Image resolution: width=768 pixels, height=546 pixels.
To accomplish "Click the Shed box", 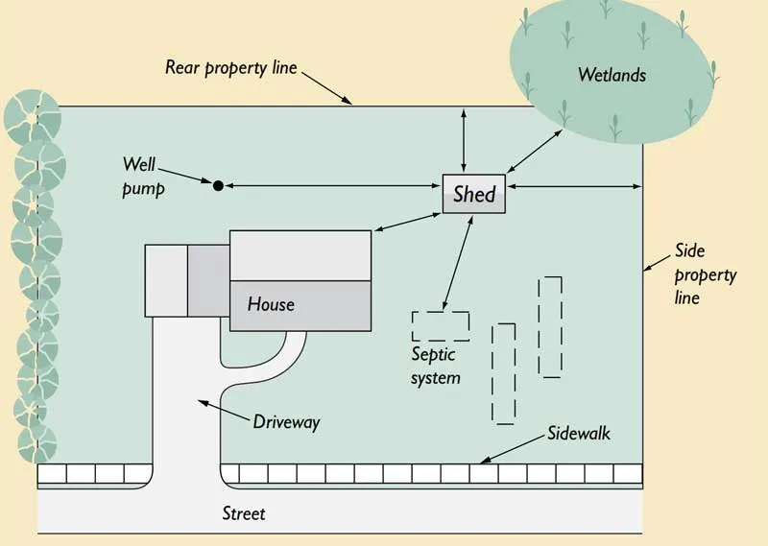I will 473,195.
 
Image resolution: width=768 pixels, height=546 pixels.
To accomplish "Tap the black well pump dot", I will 218,184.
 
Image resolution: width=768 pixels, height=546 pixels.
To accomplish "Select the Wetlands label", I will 611,74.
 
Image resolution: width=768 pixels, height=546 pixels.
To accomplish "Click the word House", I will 271,304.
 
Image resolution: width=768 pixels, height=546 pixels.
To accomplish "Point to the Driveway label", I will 287,421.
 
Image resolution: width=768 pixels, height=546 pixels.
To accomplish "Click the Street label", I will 243,513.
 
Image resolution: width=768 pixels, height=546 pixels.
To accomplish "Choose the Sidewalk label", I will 579,434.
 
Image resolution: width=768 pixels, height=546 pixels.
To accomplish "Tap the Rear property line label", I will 231,67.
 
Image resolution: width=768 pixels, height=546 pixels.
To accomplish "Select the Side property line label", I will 705,274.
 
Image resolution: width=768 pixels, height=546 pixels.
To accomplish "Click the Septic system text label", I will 435,366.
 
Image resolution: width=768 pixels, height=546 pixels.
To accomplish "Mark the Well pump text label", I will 144,177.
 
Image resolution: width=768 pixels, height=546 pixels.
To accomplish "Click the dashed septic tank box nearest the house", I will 441,326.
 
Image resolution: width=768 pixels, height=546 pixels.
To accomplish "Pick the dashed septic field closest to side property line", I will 550,326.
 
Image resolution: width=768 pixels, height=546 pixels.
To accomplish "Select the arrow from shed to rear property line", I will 465,141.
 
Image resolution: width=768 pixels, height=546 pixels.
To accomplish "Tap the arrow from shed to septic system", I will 456,261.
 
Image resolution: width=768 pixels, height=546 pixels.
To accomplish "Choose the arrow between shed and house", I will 406,221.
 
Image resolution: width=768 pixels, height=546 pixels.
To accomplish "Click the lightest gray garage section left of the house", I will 166,279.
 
